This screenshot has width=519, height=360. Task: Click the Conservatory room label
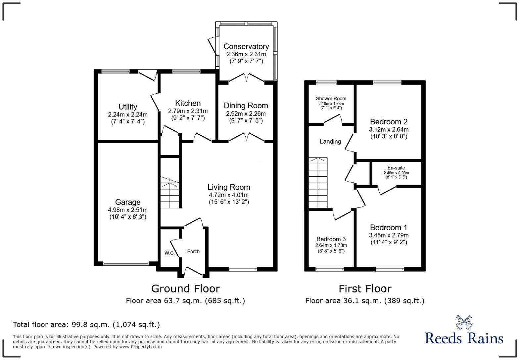(x=246, y=46)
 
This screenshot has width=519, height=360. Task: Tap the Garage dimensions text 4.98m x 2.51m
(x=128, y=210)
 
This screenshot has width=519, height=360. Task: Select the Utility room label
(x=128, y=107)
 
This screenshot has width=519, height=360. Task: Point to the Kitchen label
(x=188, y=103)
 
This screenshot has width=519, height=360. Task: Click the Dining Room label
(x=246, y=106)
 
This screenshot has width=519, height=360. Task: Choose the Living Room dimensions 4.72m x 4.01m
(x=229, y=195)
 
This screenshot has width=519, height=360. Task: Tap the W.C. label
(x=169, y=253)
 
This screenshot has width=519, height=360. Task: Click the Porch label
(x=193, y=251)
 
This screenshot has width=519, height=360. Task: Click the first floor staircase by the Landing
(x=318, y=183)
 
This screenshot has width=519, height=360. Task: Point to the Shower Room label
(x=331, y=99)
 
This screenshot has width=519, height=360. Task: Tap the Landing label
(x=330, y=142)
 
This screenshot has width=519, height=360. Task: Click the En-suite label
(x=396, y=168)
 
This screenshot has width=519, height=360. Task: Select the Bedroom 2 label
(x=389, y=122)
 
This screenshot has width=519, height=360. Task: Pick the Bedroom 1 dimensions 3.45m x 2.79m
(x=389, y=235)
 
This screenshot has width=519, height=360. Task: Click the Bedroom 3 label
(x=331, y=239)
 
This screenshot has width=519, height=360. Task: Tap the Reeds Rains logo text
(x=464, y=338)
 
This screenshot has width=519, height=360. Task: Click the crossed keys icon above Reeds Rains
(x=464, y=322)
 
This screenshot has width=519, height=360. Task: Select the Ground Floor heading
(x=185, y=289)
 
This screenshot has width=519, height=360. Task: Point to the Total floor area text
(x=86, y=325)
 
